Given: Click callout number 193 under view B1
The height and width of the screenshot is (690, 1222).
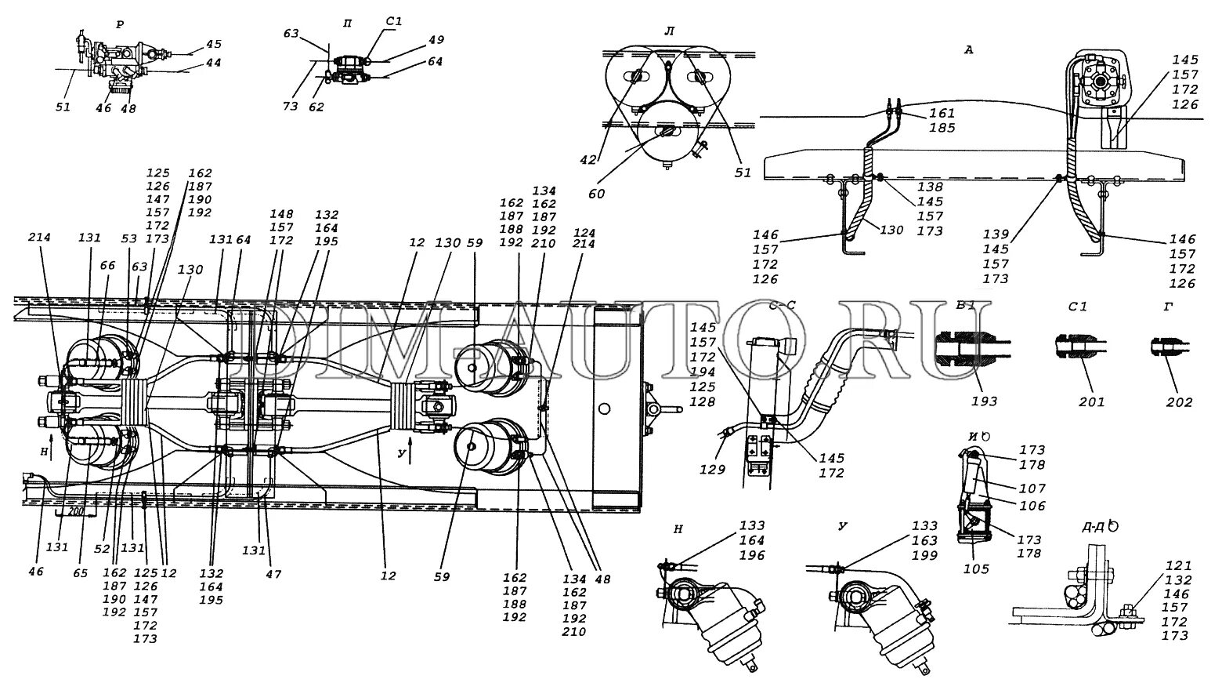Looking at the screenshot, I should (x=985, y=401).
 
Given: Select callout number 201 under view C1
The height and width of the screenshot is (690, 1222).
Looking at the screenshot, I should (x=1091, y=401).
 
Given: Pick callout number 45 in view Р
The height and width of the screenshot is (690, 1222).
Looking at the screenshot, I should (x=213, y=44).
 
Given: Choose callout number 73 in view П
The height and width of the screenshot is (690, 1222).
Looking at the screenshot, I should (x=291, y=106).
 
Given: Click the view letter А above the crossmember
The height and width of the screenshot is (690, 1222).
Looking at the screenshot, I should (x=968, y=50).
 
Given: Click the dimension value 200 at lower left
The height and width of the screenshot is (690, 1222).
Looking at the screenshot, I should (x=76, y=510).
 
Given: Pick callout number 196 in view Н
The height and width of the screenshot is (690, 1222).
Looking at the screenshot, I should (x=751, y=555).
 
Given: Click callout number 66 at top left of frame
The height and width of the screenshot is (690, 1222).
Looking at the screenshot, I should (x=107, y=267).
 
